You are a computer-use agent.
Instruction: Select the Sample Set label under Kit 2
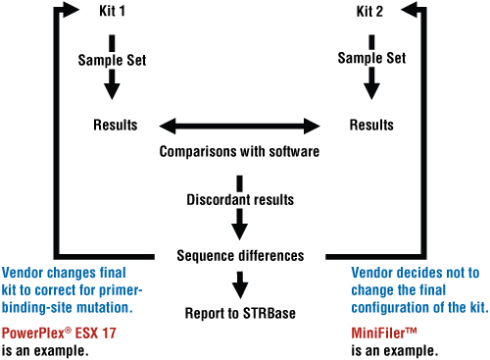[x=371, y=60]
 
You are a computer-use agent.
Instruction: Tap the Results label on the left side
[x=115, y=126]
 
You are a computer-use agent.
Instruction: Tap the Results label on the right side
[x=371, y=126]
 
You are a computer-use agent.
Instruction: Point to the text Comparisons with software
[x=239, y=152]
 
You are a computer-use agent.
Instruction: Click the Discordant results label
[x=239, y=200]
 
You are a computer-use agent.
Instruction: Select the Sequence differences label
[x=239, y=255]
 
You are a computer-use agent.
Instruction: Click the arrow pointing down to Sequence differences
[x=239, y=228]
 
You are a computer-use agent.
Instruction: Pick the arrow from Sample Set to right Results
[x=371, y=86]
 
